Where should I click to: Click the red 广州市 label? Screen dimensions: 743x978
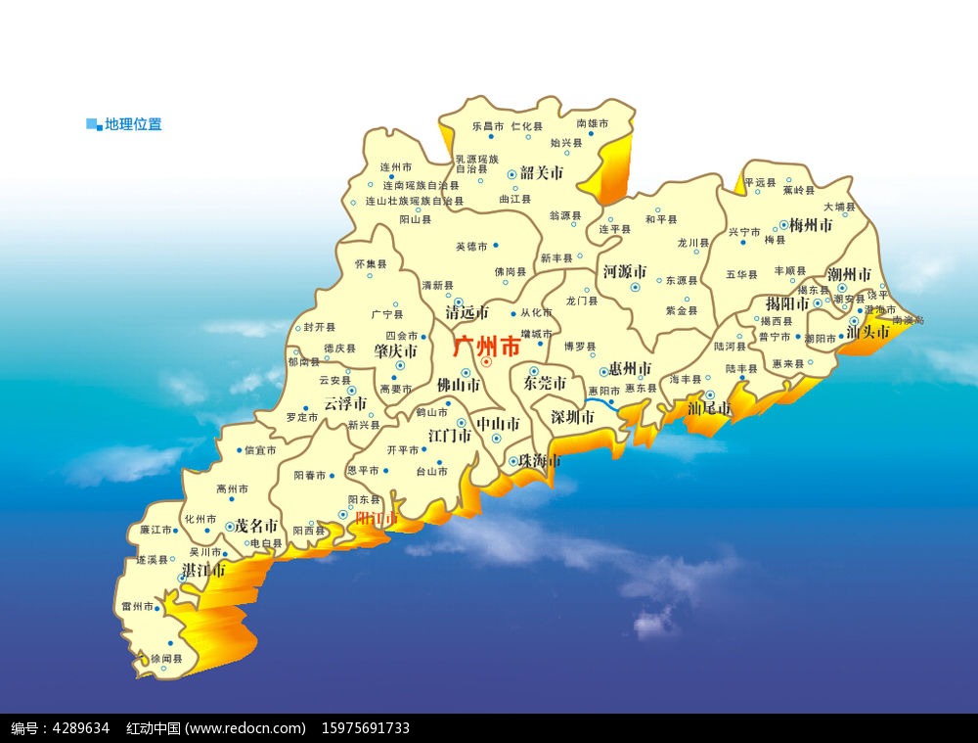tap(488, 346)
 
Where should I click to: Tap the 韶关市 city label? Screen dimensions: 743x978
tap(542, 173)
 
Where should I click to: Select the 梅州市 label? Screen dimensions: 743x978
tap(811, 224)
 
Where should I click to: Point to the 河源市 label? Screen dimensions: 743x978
tap(624, 271)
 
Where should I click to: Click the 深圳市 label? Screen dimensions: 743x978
tap(572, 417)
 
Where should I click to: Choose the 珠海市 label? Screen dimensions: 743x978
tap(540, 460)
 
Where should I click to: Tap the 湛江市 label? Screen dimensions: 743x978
tap(203, 569)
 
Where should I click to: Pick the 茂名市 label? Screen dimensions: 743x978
tap(256, 526)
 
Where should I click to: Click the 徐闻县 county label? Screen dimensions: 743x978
tap(166, 660)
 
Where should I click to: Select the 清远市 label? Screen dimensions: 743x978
tap(467, 313)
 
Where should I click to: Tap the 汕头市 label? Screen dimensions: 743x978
tap(867, 332)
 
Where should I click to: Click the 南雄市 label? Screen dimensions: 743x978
tap(593, 124)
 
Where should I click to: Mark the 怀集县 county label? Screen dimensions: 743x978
tap(371, 264)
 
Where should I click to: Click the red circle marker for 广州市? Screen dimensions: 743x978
tap(486, 362)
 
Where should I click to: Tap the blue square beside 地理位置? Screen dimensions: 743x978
tap(94, 124)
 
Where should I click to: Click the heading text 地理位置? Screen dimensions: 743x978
tap(134, 124)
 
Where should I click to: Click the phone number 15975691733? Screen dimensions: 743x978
tap(365, 728)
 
